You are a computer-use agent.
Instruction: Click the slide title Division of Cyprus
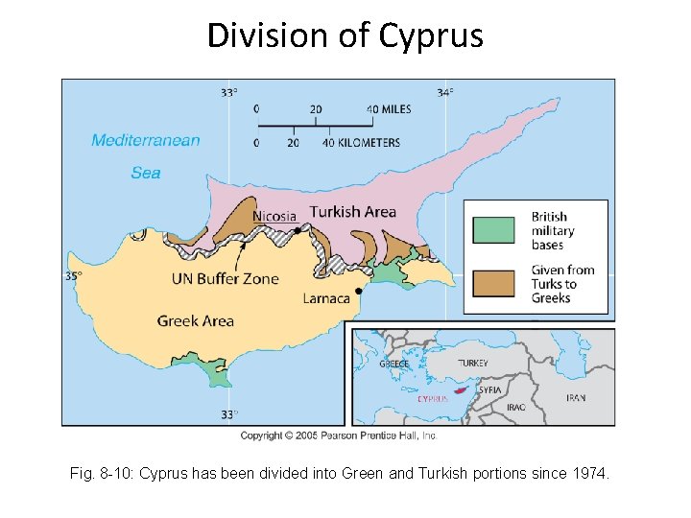click(x=345, y=36)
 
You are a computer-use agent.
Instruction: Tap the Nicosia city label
click(x=274, y=216)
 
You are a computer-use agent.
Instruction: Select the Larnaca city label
click(x=326, y=298)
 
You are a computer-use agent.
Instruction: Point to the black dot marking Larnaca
click(x=358, y=290)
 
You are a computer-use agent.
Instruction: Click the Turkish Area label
click(x=352, y=212)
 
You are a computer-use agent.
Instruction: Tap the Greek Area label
click(x=196, y=320)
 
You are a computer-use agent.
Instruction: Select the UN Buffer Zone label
click(x=225, y=279)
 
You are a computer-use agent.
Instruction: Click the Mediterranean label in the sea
click(x=146, y=141)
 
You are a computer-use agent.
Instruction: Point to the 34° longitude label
click(x=445, y=93)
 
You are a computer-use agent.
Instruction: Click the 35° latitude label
click(x=74, y=276)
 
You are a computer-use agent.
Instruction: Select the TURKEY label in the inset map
click(x=472, y=364)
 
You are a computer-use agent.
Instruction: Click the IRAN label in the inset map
click(x=576, y=397)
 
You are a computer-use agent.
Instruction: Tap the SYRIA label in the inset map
click(x=490, y=390)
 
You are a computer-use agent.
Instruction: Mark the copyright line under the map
click(x=339, y=436)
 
